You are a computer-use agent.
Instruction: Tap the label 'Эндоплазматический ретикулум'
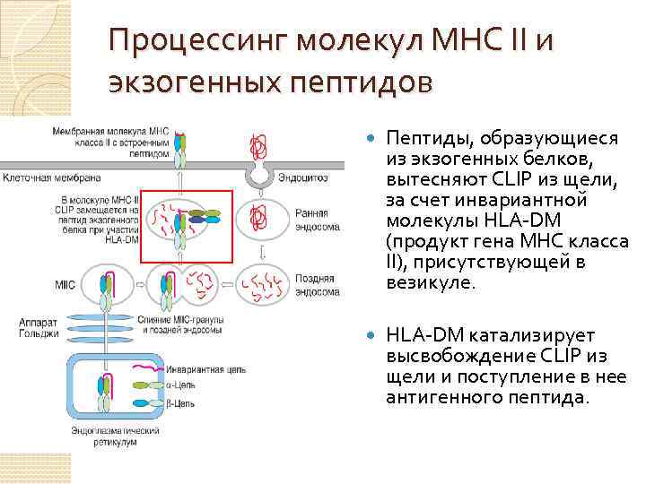pyautogui.click(x=105, y=437)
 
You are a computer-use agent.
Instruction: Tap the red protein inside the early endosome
pyautogui.click(x=260, y=216)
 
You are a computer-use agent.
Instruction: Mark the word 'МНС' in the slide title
pyautogui.click(x=471, y=41)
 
